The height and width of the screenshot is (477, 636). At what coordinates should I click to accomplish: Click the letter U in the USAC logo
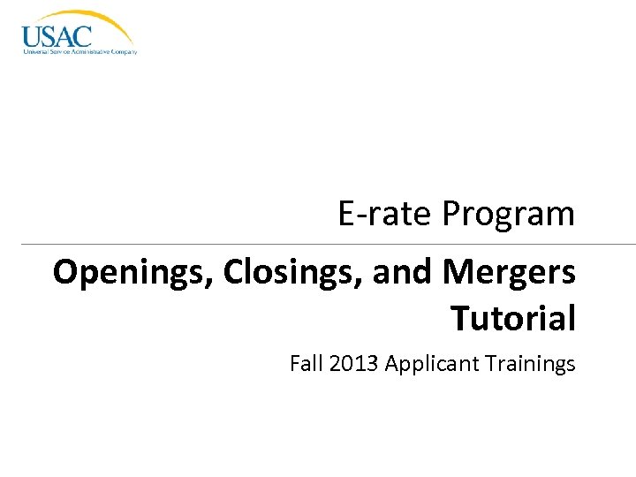pyautogui.click(x=32, y=37)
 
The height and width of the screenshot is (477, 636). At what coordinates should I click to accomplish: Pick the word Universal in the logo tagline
pyautogui.click(x=36, y=52)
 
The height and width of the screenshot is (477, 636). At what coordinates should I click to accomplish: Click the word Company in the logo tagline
pyautogui.click(x=123, y=52)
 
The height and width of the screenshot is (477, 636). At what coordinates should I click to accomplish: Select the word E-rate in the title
pyautogui.click(x=385, y=213)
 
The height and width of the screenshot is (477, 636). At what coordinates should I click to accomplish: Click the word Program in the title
pyautogui.click(x=509, y=215)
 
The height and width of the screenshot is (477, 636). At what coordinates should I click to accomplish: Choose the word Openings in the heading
pyautogui.click(x=133, y=274)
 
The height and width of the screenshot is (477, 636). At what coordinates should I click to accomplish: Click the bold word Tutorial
pyautogui.click(x=513, y=317)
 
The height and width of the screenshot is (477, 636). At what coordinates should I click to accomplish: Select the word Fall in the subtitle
pyautogui.click(x=306, y=363)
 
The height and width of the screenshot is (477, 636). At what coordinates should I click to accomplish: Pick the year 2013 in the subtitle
pyautogui.click(x=353, y=363)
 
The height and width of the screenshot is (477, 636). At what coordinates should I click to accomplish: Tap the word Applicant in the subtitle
pyautogui.click(x=427, y=364)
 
